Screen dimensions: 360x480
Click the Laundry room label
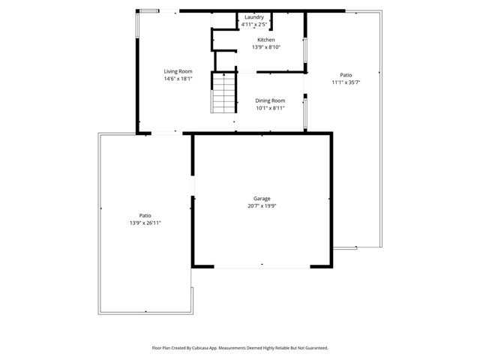(x=254, y=16)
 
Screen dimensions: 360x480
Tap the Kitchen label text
(x=266, y=40)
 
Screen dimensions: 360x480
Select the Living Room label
(x=178, y=71)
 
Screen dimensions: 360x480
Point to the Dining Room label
(x=270, y=100)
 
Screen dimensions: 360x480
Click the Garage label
(x=261, y=199)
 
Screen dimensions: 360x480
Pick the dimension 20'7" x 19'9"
(x=261, y=206)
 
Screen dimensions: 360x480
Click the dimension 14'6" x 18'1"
(x=178, y=79)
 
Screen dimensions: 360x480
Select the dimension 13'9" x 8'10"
(x=266, y=47)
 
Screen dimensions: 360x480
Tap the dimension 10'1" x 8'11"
(x=270, y=108)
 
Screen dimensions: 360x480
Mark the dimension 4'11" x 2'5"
(x=254, y=24)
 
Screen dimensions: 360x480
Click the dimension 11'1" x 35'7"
(x=346, y=82)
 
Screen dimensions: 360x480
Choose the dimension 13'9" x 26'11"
(x=145, y=223)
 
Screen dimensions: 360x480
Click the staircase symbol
(x=223, y=93)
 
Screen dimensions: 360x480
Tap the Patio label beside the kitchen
(x=346, y=75)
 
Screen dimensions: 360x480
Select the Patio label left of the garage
(x=145, y=215)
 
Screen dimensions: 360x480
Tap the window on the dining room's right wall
(x=304, y=113)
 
